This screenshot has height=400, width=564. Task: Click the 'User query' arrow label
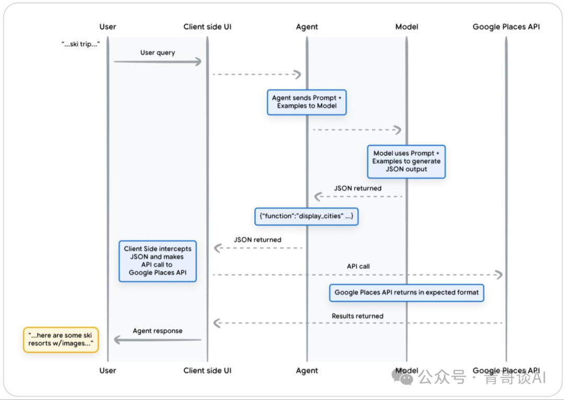point(158,53)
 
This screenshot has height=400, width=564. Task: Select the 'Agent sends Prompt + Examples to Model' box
point(307,102)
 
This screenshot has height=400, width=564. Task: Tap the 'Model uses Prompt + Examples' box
point(406,161)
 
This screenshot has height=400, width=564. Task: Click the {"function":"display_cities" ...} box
point(307,216)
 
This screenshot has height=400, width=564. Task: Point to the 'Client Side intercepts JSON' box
point(158,261)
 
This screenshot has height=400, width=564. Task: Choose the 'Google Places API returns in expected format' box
point(406,292)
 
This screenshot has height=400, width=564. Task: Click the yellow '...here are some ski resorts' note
point(61,340)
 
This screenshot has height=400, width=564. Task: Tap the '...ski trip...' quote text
point(80,45)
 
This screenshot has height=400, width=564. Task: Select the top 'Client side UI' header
point(207,27)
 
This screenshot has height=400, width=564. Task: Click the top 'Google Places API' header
point(506,27)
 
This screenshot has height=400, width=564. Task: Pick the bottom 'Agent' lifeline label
point(307,370)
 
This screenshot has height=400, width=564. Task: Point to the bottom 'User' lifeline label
point(108,370)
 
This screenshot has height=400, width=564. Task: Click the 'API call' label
point(358,266)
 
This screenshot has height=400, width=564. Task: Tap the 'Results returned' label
point(358,316)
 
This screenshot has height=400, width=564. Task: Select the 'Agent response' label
point(158,331)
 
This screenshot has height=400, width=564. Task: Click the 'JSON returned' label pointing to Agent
point(358,188)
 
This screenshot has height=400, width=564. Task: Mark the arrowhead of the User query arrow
point(198,62)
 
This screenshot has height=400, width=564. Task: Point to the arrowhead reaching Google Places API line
point(499,275)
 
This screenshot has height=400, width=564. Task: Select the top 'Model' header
point(407,27)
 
